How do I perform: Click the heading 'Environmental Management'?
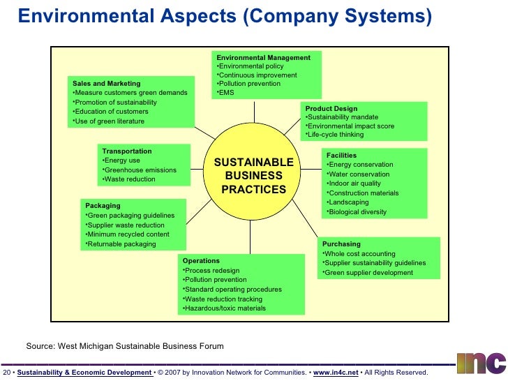click(x=263, y=57)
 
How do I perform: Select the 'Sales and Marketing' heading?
click(x=106, y=84)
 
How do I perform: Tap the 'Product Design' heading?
click(x=331, y=109)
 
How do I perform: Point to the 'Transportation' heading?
click(x=126, y=151)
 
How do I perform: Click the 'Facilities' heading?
click(x=341, y=155)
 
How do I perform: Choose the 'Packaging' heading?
click(x=103, y=206)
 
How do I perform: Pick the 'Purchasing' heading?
click(x=341, y=244)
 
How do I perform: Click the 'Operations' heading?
click(x=201, y=261)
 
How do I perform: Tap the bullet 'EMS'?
click(x=226, y=92)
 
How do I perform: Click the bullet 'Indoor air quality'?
click(x=354, y=184)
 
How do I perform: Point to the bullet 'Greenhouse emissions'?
click(x=140, y=170)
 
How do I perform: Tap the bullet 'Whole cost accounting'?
click(x=359, y=254)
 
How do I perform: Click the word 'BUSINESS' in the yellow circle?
click(x=253, y=176)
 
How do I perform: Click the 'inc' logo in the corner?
click(x=481, y=362)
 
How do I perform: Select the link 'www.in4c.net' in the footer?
click(x=336, y=373)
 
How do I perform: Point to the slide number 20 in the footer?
click(x=6, y=373)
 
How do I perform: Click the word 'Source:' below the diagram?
click(x=40, y=346)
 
